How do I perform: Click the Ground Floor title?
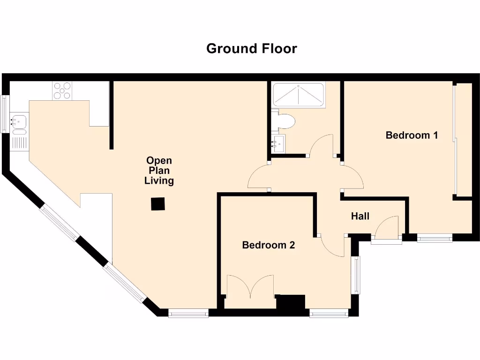tap(252, 49)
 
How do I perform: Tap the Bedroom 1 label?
tap(412, 135)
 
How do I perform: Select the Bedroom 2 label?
tap(268, 245)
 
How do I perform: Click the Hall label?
tap(360, 216)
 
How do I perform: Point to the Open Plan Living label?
tap(159, 171)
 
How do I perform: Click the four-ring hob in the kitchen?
tap(62, 90)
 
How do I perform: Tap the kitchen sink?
tap(18, 122)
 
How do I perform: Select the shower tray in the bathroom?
tap(299, 95)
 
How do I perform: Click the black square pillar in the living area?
tap(158, 204)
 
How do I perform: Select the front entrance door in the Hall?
tap(388, 228)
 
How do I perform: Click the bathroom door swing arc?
tap(322, 145)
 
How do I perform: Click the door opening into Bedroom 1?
tap(352, 177)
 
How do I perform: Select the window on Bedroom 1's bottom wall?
tap(435, 239)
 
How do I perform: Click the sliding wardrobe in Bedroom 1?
tap(463, 140)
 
